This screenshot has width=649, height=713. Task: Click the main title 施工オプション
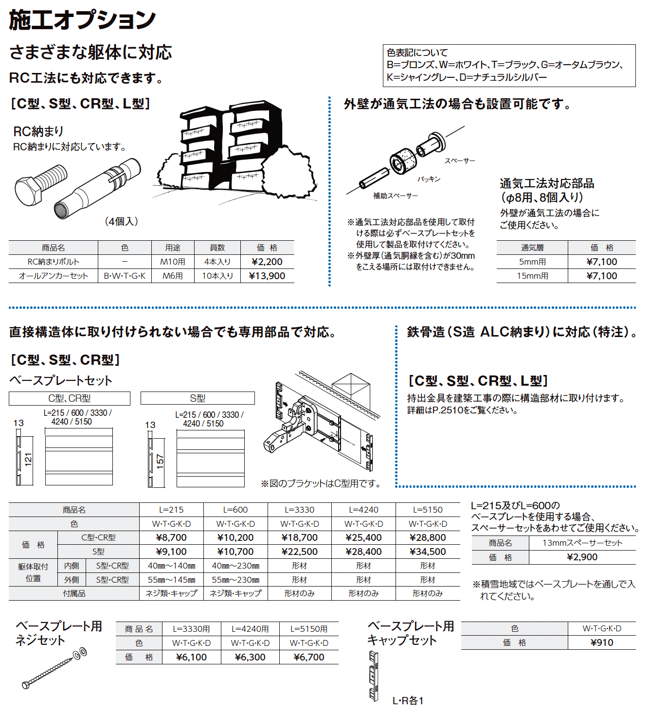click(x=82, y=20)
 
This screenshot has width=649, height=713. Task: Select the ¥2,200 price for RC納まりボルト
click(x=267, y=262)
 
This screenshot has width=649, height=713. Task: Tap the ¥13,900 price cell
click(x=267, y=276)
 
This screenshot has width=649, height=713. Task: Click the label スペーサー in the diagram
click(x=459, y=160)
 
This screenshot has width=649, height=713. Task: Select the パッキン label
click(x=429, y=179)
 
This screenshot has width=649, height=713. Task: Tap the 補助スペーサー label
click(x=395, y=196)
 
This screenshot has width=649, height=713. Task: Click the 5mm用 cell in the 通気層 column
click(x=532, y=262)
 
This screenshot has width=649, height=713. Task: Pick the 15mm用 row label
click(x=532, y=276)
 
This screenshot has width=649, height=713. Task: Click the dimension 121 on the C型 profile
click(x=28, y=459)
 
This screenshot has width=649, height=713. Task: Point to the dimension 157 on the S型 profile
click(x=160, y=461)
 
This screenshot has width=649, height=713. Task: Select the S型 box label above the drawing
click(x=198, y=398)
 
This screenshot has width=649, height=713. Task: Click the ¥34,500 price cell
click(x=428, y=552)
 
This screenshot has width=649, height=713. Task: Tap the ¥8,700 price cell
click(x=171, y=537)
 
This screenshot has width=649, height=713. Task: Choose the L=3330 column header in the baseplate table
click(x=300, y=510)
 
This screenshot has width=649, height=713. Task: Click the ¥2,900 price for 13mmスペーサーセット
click(x=582, y=557)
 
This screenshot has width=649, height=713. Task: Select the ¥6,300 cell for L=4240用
click(x=250, y=657)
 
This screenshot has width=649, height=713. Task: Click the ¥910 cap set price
click(x=602, y=642)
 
